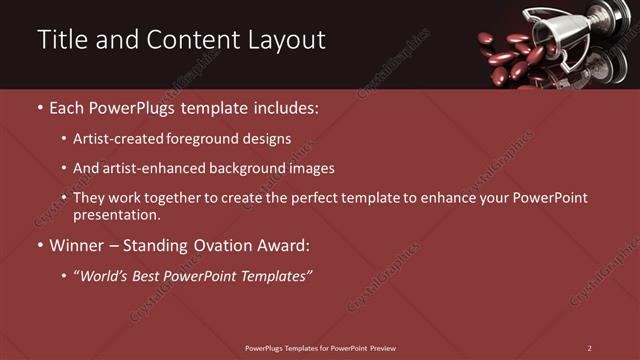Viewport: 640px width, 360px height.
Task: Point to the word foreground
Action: pyautogui.click(x=214, y=138)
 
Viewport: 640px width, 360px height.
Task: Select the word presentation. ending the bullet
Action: pyautogui.click(x=117, y=214)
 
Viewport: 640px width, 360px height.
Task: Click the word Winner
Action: pyautogui.click(x=76, y=245)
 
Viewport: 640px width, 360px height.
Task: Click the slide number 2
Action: pyautogui.click(x=589, y=347)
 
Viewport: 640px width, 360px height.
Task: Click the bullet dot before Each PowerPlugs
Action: pyautogui.click(x=39, y=106)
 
